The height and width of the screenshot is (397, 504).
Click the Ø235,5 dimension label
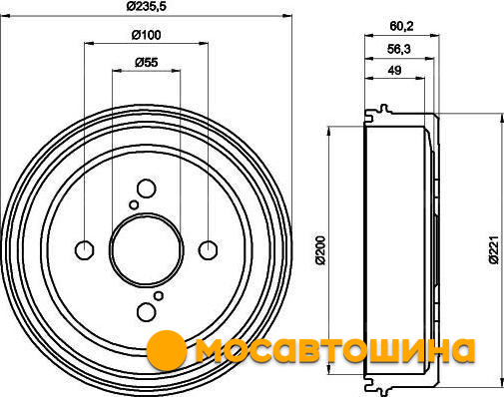[146, 6]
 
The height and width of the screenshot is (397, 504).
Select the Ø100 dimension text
[146, 35]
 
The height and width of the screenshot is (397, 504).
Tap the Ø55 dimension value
[147, 63]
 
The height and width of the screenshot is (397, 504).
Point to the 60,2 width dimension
[401, 26]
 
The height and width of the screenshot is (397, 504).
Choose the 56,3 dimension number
[399, 50]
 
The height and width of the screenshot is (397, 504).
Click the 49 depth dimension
[394, 70]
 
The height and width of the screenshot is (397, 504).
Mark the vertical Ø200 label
[320, 250]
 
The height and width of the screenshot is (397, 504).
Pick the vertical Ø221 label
[494, 250]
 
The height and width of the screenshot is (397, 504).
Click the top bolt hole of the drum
[147, 189]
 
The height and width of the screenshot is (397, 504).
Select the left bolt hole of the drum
[85, 250]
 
